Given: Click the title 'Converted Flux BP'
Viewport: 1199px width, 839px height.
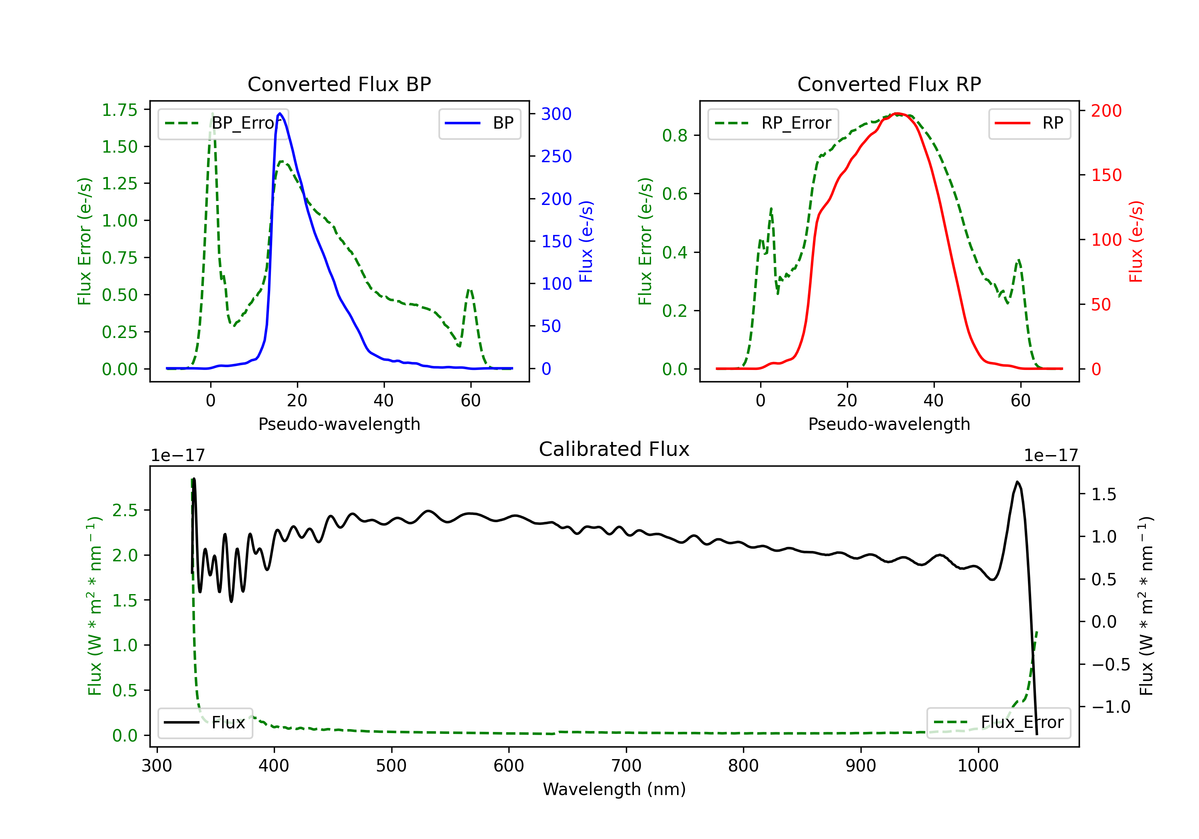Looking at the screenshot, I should pyautogui.click(x=339, y=84).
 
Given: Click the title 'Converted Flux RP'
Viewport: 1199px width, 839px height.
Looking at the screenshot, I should pyautogui.click(x=889, y=84).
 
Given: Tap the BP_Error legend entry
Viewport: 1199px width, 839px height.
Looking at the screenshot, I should pyautogui.click(x=223, y=123).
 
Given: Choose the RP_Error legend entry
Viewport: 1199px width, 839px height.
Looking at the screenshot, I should pyautogui.click(x=773, y=123).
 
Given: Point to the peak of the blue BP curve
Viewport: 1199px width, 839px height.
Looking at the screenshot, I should pyautogui.click(x=280, y=113).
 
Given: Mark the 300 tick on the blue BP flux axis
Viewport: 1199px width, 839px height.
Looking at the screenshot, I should pyautogui.click(x=556, y=114).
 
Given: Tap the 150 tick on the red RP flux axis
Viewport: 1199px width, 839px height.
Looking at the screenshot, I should pyautogui.click(x=1106, y=175).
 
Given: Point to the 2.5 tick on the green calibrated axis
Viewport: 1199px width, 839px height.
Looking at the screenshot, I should pyautogui.click(x=125, y=510).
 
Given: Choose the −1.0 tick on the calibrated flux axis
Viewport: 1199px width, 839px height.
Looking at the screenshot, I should pyautogui.click(x=1110, y=707).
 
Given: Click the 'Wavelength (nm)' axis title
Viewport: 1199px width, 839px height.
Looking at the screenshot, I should pyautogui.click(x=614, y=789).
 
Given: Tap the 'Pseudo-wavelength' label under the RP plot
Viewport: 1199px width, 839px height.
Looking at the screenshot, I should pyautogui.click(x=889, y=424).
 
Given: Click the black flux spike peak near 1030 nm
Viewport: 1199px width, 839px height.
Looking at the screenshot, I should pyautogui.click(x=1017, y=482).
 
